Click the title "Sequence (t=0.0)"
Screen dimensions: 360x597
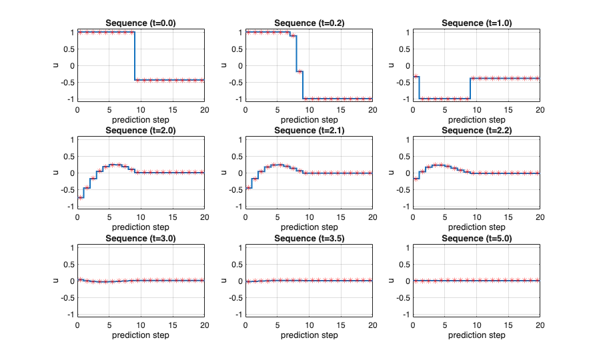[x=141, y=23]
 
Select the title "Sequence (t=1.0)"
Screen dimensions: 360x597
[x=476, y=23]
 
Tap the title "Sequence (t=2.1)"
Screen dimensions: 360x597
[x=308, y=130]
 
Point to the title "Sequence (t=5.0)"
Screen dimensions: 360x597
[x=476, y=238]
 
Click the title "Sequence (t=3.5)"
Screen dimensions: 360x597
[x=308, y=238]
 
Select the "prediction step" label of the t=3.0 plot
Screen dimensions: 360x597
[x=141, y=335]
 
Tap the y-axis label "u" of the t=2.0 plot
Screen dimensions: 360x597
[x=56, y=173]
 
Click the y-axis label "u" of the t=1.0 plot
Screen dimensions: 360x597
[x=392, y=65]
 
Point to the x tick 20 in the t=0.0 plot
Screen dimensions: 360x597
[x=204, y=109]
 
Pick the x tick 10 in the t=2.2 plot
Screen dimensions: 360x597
[x=476, y=217]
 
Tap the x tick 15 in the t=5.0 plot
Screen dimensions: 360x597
[x=508, y=325]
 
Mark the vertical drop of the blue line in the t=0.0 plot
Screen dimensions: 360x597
[x=135, y=57]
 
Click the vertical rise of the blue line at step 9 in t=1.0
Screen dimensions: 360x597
[x=470, y=88]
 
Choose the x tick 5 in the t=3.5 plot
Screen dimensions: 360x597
[x=277, y=325]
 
